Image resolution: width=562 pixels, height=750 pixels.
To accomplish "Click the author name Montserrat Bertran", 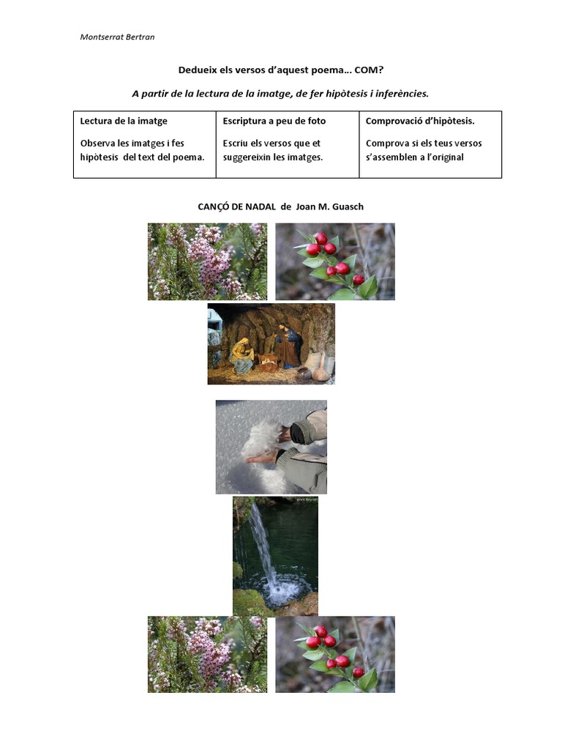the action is pyautogui.click(x=117, y=37).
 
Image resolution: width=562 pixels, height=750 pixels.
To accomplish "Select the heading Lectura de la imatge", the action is pyautogui.click(x=124, y=121).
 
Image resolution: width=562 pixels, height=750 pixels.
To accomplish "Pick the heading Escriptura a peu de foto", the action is pyautogui.click(x=274, y=121).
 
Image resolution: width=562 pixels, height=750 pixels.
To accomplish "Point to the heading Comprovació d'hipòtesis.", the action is pyautogui.click(x=420, y=121).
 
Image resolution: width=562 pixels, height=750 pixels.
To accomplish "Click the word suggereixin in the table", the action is pyautogui.click(x=247, y=157).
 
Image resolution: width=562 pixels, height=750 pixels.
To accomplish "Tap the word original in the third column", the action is pyautogui.click(x=447, y=157).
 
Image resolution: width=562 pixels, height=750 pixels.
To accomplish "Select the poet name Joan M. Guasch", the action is pyautogui.click(x=330, y=207).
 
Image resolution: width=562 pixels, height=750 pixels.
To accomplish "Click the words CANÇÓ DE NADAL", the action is pyautogui.click(x=236, y=207).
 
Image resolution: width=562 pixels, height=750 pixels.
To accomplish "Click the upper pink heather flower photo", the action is pyautogui.click(x=207, y=261).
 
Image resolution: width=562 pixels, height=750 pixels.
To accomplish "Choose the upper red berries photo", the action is pyautogui.click(x=335, y=261).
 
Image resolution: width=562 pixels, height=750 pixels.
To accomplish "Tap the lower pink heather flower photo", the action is pyautogui.click(x=207, y=654).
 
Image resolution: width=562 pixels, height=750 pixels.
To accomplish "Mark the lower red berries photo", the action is pyautogui.click(x=335, y=654).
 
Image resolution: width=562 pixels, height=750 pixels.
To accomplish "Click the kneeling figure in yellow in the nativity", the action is pyautogui.click(x=242, y=356).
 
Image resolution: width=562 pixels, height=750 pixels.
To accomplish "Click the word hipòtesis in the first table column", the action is pyautogui.click(x=99, y=157).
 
